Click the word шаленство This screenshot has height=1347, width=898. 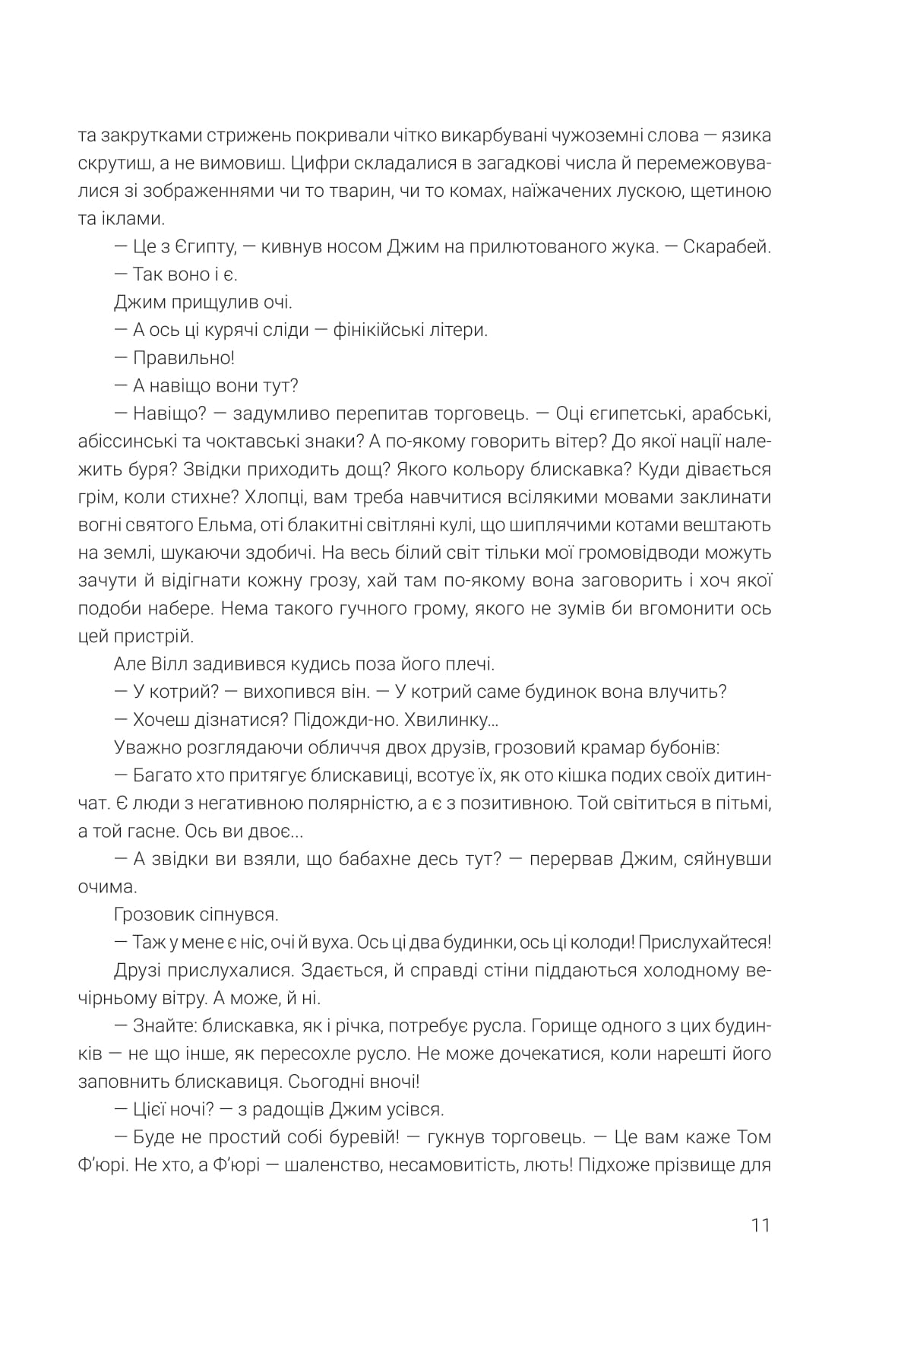[321, 1165]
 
